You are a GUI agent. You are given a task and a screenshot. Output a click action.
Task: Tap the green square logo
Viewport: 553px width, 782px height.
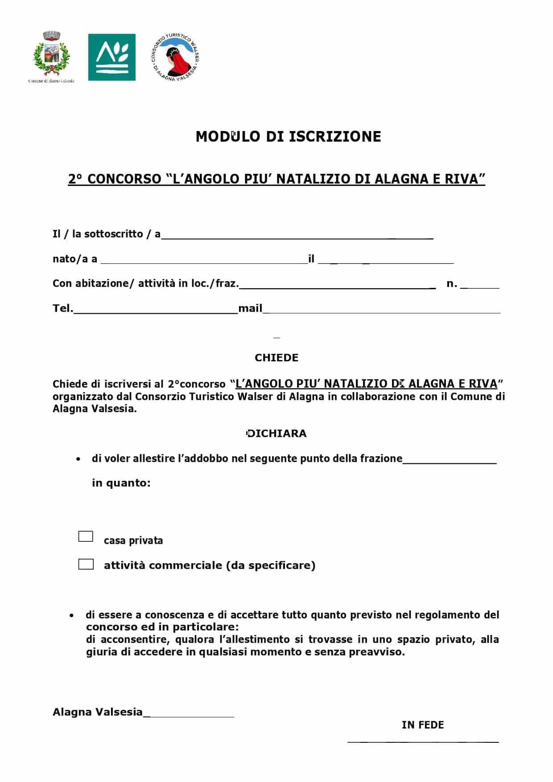(x=111, y=57)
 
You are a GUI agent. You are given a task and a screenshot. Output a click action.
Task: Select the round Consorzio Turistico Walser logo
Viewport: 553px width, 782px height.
(x=175, y=57)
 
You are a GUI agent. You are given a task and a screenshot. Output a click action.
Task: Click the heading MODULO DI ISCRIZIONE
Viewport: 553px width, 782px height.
(x=288, y=136)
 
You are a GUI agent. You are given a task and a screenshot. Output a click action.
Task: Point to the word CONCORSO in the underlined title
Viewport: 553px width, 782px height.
(x=124, y=179)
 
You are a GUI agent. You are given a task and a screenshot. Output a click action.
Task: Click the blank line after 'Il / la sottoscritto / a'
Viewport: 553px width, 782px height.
(x=297, y=236)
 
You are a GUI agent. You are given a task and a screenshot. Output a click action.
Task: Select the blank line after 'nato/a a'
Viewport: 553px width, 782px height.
(x=204, y=261)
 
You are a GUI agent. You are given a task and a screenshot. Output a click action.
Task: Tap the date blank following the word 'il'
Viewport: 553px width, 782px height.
(x=386, y=261)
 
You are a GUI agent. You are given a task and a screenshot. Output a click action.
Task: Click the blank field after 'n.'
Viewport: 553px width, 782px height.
(x=480, y=286)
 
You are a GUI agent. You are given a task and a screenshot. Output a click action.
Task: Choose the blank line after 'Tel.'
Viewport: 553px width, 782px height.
(x=156, y=311)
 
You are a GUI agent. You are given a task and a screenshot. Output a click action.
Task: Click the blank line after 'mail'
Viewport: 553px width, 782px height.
(x=382, y=311)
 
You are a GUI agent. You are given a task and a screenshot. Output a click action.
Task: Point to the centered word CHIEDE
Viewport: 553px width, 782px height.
(x=276, y=358)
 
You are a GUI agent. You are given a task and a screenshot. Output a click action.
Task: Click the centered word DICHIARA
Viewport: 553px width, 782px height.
(x=276, y=434)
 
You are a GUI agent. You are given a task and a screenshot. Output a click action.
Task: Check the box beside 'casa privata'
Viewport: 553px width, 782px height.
(x=86, y=536)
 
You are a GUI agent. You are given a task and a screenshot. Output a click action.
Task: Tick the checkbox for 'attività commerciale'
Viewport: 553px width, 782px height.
(x=86, y=564)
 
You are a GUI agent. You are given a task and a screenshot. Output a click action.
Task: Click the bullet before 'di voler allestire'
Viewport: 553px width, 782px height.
(x=78, y=459)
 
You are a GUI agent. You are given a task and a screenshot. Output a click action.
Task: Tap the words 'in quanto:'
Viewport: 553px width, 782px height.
(x=121, y=483)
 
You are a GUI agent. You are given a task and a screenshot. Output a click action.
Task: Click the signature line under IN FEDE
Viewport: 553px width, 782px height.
(x=423, y=741)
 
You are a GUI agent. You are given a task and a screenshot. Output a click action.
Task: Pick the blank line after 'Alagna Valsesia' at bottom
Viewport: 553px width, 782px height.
(x=189, y=715)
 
